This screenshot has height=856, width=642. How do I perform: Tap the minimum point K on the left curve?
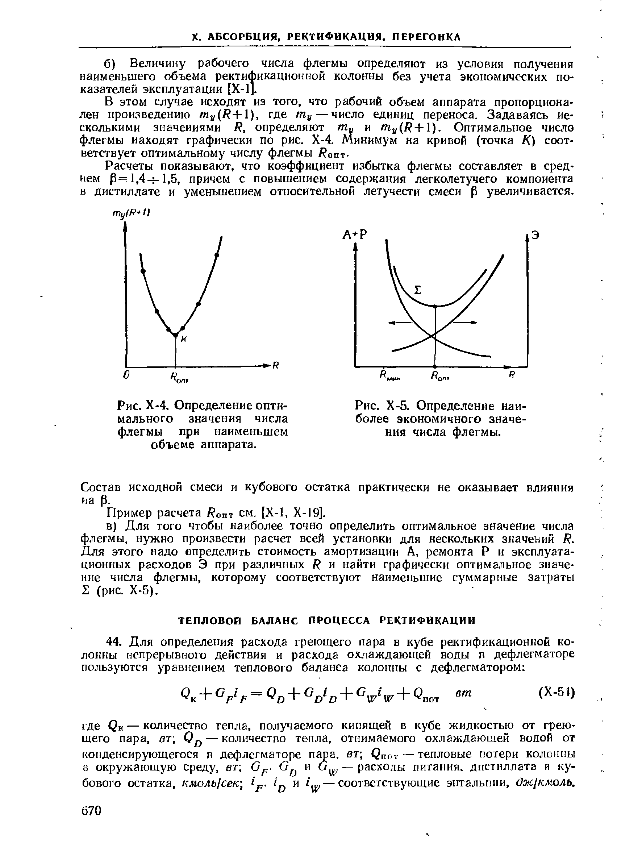[175, 334]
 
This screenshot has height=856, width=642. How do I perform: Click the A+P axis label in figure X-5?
[354, 235]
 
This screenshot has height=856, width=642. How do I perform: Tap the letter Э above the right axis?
[535, 236]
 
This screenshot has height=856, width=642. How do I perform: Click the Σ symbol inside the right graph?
[417, 290]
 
